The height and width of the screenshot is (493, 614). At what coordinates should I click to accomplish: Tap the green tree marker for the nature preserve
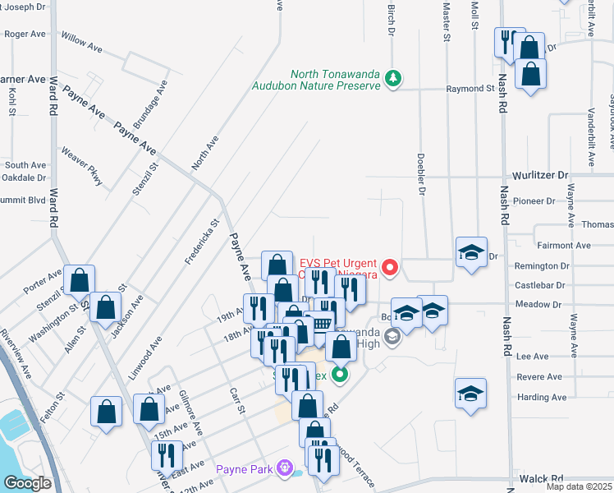[x=394, y=78]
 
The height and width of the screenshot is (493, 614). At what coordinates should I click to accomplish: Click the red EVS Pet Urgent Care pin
[x=390, y=267]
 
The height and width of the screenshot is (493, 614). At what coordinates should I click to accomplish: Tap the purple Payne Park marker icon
[x=284, y=468]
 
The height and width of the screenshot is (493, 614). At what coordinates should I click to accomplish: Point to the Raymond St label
[x=470, y=88]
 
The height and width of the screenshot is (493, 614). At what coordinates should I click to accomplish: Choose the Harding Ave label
[x=542, y=398]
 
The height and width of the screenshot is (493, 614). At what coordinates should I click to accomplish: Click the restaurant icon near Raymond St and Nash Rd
[x=509, y=40]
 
